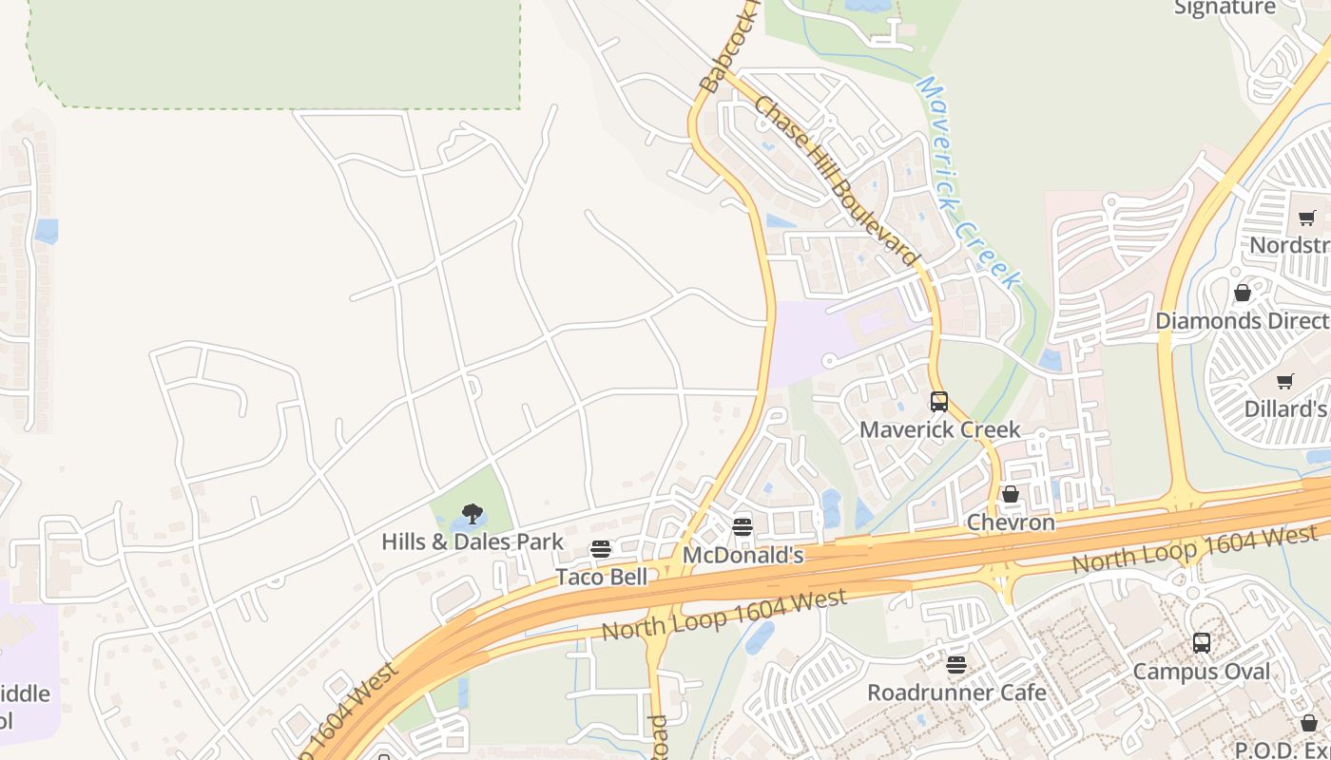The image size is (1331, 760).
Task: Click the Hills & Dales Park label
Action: pos(473,541)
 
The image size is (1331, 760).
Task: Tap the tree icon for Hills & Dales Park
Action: pos(473,515)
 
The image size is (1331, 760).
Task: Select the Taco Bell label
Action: pos(601,577)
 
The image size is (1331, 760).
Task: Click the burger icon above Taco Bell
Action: pos(601,549)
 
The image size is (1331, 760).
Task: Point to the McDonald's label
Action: pos(743,555)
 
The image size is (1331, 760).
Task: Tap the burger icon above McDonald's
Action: pos(743,527)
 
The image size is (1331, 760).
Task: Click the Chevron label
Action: pos(1011,522)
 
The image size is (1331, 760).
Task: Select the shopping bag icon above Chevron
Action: pos(1011,494)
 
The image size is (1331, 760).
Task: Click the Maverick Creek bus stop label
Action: pos(939,429)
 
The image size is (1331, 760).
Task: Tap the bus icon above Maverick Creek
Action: pos(939,402)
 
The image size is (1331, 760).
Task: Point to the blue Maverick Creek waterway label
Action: pos(968,182)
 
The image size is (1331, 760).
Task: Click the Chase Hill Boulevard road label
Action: pos(837,180)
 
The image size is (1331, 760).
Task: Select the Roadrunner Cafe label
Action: pos(956,693)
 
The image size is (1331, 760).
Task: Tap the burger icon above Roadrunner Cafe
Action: pos(956,665)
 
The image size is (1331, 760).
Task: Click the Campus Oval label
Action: pos(1202,672)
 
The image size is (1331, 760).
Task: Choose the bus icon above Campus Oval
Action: pos(1202,643)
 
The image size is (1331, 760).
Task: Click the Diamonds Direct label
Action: pos(1243,320)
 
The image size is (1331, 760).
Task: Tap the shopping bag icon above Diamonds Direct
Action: pos(1243,293)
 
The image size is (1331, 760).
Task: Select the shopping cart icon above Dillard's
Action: pos(1285,382)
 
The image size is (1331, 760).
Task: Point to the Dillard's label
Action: pos(1285,409)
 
